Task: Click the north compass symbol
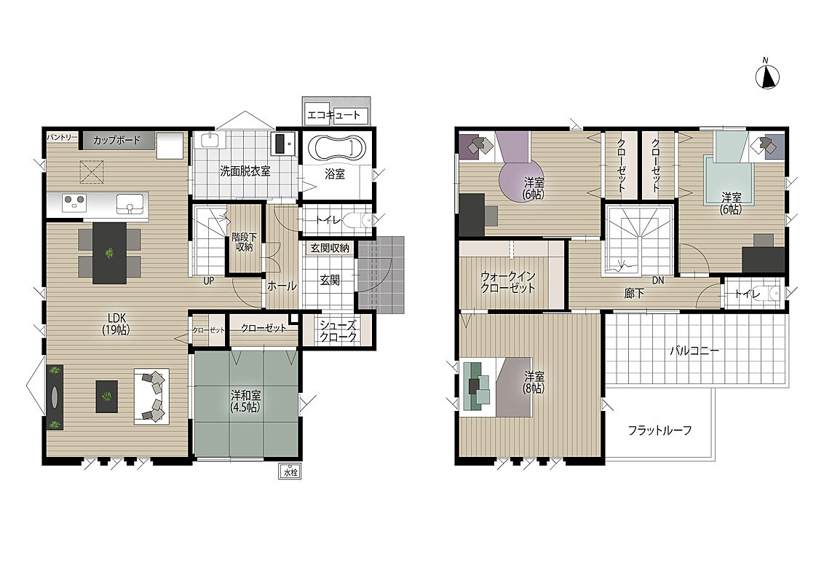tap(767, 77)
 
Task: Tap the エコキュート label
tap(333, 114)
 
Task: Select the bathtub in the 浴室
tap(335, 148)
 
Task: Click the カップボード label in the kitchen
tap(116, 140)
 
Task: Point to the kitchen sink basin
tap(130, 203)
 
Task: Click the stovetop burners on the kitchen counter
tap(74, 203)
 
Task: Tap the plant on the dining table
tap(109, 254)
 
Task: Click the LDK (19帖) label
tap(116, 324)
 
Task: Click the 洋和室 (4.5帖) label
tap(245, 400)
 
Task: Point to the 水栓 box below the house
tap(290, 471)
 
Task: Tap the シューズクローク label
tap(338, 331)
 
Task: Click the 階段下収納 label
tap(244, 242)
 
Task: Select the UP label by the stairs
tap(209, 281)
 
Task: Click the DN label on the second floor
tap(658, 281)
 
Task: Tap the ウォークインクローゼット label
tap(507, 282)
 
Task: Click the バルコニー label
tap(694, 351)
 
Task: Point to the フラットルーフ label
tap(659, 431)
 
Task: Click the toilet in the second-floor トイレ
tap(773, 293)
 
